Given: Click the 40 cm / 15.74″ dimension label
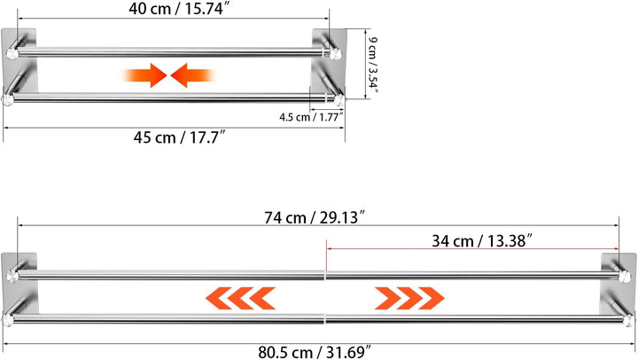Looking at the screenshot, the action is click(x=183, y=9).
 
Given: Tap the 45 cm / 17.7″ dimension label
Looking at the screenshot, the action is click(x=179, y=137).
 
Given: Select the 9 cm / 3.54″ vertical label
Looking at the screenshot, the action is click(x=373, y=66).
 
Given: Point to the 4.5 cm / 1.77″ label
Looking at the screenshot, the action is click(x=311, y=117).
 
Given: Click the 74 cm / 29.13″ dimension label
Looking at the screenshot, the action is click(x=314, y=217).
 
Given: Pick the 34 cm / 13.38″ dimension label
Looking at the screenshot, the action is click(x=482, y=240).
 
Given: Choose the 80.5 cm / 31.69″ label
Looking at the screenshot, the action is click(x=315, y=352).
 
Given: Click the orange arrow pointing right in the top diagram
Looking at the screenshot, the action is click(x=144, y=75).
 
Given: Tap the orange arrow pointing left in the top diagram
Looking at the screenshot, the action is click(x=193, y=75).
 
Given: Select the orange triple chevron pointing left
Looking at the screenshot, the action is click(x=240, y=298).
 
